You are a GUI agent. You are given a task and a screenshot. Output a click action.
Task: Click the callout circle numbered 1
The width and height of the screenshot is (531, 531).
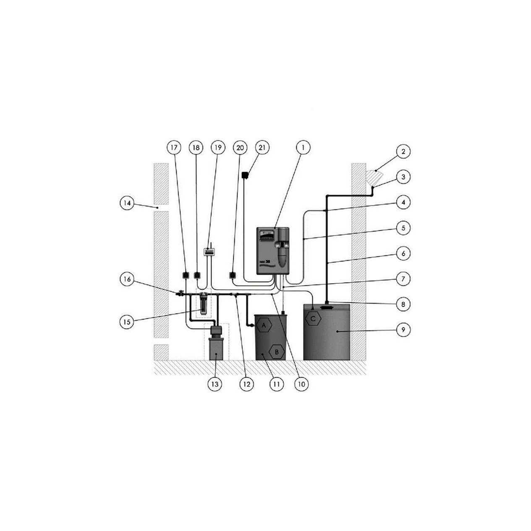pyautogui.click(x=303, y=148)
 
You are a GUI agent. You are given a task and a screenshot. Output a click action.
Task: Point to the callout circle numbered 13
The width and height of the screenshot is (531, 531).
pyautogui.click(x=215, y=384)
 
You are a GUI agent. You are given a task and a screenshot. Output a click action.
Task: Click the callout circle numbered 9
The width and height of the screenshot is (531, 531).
pyautogui.click(x=403, y=330)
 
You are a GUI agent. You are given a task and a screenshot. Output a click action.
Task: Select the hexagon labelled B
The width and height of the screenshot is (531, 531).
pyautogui.click(x=277, y=352)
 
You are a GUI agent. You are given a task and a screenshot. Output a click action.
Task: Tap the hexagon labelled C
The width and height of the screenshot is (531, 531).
pyautogui.click(x=313, y=319)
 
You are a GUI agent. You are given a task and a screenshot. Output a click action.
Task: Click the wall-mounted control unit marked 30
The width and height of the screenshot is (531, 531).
pyautogui.click(x=273, y=251)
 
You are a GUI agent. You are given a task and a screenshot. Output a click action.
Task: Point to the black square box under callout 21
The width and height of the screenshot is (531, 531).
pyautogui.click(x=246, y=175)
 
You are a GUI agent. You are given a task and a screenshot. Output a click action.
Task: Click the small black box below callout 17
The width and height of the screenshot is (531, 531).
pyautogui.click(x=185, y=276)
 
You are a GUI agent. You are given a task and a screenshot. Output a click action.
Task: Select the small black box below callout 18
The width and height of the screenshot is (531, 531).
pyautogui.click(x=197, y=276)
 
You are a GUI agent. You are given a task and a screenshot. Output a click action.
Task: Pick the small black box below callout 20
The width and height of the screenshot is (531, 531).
pyautogui.click(x=232, y=276)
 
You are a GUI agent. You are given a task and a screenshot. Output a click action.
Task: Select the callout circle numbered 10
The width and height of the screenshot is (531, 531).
pyautogui.click(x=302, y=384)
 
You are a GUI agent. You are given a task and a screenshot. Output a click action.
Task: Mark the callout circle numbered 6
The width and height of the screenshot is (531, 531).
pyautogui.click(x=403, y=254)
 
